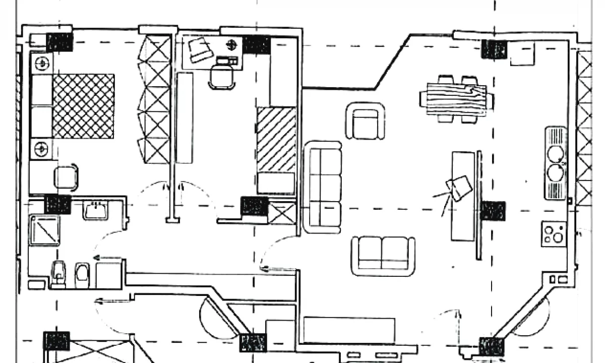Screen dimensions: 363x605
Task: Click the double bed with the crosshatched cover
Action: (83, 106)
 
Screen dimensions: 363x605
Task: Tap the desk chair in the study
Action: (222, 77)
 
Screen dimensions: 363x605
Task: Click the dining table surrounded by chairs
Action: (456, 98)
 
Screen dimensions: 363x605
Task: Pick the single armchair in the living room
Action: (366, 122)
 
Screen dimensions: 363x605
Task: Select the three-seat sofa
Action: (323, 187)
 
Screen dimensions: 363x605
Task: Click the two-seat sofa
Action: (383, 255)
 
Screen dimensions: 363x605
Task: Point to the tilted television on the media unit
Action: (460, 188)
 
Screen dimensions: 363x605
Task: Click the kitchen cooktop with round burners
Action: (554, 234)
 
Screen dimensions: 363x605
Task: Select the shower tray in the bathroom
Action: (44, 230)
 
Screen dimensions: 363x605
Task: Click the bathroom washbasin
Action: (96, 209)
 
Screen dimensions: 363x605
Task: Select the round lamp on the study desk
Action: (231, 44)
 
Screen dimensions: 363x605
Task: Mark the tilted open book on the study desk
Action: (199, 49)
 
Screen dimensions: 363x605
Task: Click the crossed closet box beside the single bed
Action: (282, 212)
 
